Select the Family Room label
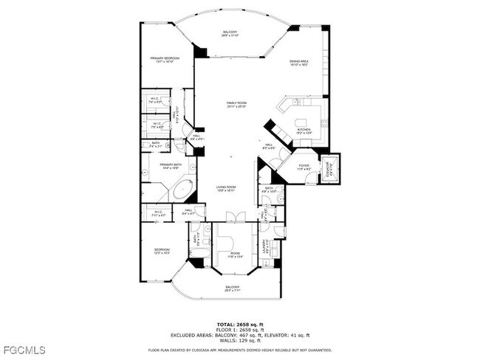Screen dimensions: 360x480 (236, 105)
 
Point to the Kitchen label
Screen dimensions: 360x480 (304, 131)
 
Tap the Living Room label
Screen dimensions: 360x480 (226, 188)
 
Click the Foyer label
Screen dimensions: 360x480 (303, 167)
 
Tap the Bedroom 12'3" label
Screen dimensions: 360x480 (162, 252)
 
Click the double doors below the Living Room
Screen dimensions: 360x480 (236, 216)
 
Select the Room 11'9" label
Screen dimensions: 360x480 (235, 255)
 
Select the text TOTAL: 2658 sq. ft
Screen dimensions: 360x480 (239, 323)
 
